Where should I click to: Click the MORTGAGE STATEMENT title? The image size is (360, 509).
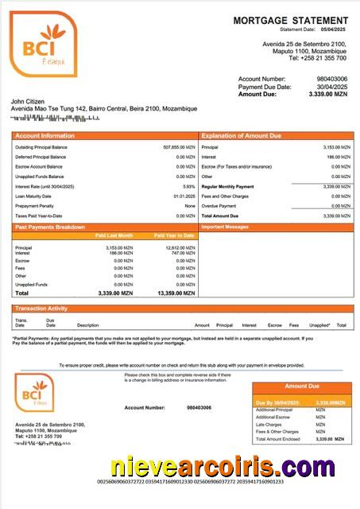tap(290, 20)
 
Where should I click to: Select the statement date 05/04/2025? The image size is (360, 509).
tap(334, 29)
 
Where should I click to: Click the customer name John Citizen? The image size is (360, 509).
tap(29, 101)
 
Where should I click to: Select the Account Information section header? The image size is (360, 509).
tap(45, 136)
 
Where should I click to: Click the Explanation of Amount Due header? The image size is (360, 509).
tap(241, 136)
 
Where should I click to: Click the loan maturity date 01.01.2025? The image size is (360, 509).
tap(184, 196)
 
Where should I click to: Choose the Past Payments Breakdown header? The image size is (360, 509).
tap(50, 227)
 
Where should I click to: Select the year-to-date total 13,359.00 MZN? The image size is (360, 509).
tap(173, 293)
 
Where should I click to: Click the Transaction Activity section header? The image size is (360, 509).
tap(41, 308)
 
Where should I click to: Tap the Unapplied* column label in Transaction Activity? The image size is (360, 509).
tap(319, 325)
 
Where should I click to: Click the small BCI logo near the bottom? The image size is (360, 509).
tap(34, 391)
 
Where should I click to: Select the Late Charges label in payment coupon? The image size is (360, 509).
tap(269, 425)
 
